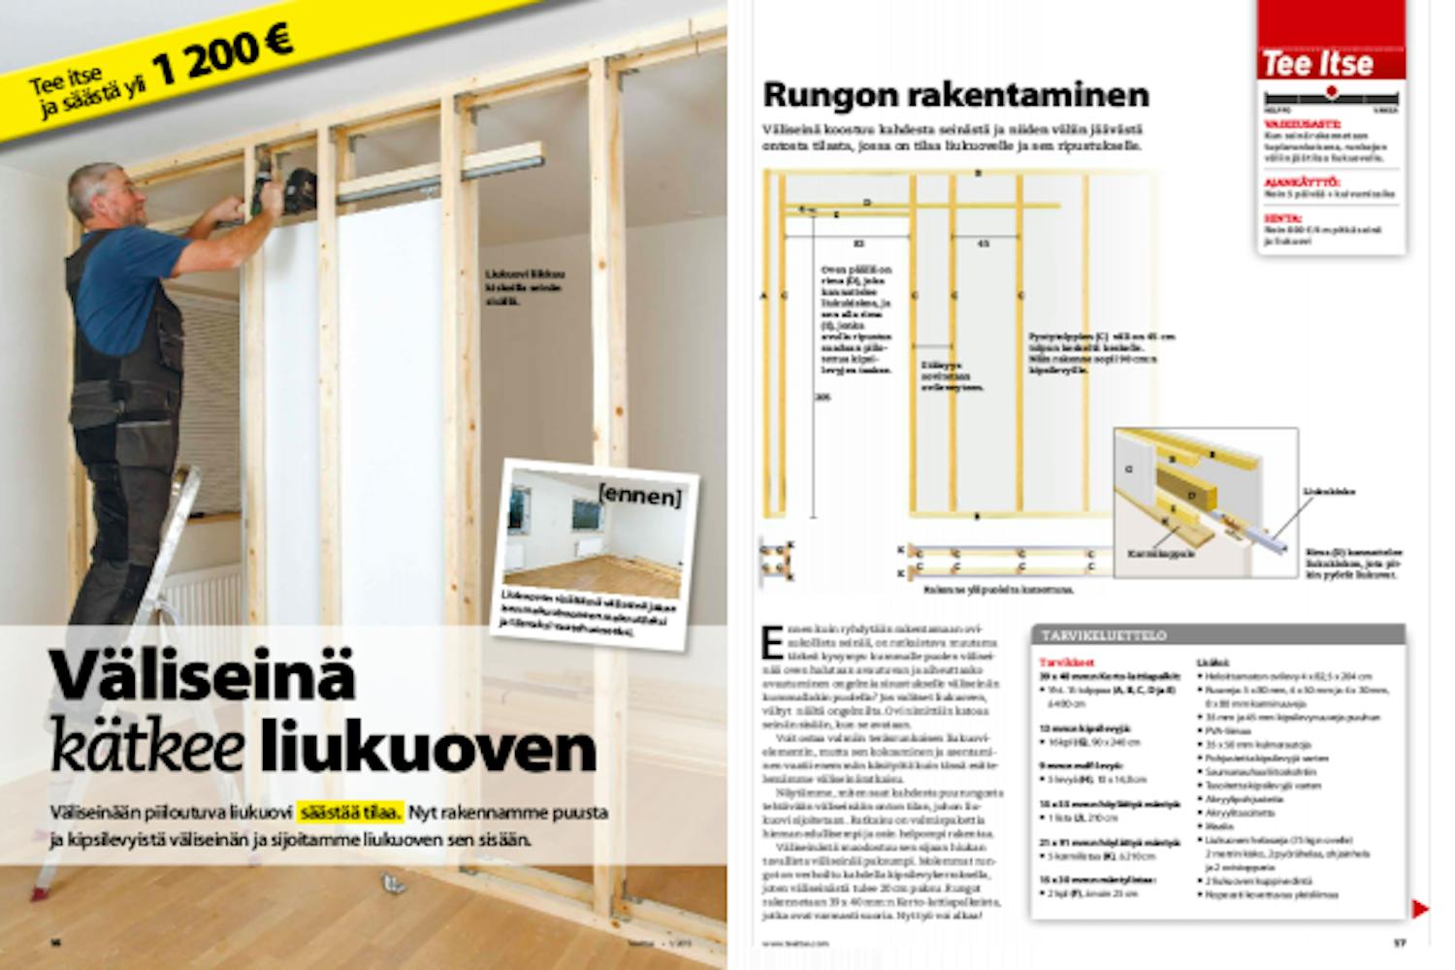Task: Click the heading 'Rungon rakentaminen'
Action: point(955,95)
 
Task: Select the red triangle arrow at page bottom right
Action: point(1419,909)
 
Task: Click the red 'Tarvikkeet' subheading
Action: point(1059,662)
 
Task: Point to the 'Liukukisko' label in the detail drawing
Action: point(1329,492)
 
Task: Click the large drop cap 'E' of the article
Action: point(772,642)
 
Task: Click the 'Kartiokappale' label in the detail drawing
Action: point(1161,554)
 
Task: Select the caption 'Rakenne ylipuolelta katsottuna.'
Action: point(999,589)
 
